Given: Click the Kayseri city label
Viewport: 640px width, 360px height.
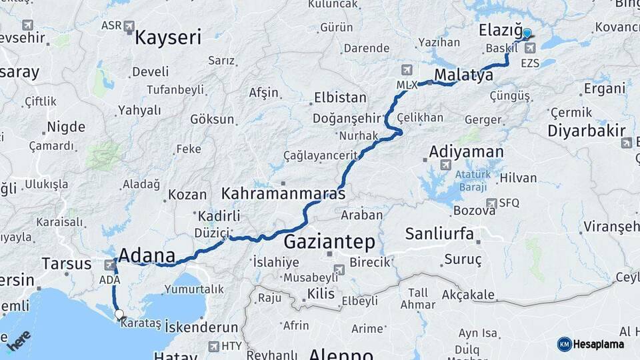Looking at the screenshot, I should point(167,37).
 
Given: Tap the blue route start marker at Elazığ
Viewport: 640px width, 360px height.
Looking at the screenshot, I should point(527,33).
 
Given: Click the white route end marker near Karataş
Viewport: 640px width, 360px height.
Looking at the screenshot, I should point(119,314).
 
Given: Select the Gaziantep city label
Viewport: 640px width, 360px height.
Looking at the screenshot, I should point(329,241).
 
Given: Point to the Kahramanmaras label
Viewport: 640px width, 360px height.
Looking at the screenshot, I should point(283,194).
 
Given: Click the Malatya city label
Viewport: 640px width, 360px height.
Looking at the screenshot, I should point(463,75).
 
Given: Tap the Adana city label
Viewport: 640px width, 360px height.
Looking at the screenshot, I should point(147,255).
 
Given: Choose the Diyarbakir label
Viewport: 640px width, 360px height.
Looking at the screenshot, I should point(587,130).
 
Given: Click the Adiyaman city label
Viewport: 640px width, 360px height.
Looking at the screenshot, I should point(466,152).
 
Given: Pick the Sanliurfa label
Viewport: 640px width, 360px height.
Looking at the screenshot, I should point(439,233).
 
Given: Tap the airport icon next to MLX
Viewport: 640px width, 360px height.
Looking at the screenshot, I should point(407,70).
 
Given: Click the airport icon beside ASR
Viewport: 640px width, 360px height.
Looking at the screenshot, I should point(129,27).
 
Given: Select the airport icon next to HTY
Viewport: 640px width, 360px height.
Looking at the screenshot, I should point(213,346).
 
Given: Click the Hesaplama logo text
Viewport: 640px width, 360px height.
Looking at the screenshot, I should point(598,344).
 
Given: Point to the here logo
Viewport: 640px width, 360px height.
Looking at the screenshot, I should point(19,339).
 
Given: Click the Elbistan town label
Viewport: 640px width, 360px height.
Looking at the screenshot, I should point(340,97).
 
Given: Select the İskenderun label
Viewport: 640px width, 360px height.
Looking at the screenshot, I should point(201,327).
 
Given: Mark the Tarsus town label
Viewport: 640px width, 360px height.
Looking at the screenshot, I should point(67,263).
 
